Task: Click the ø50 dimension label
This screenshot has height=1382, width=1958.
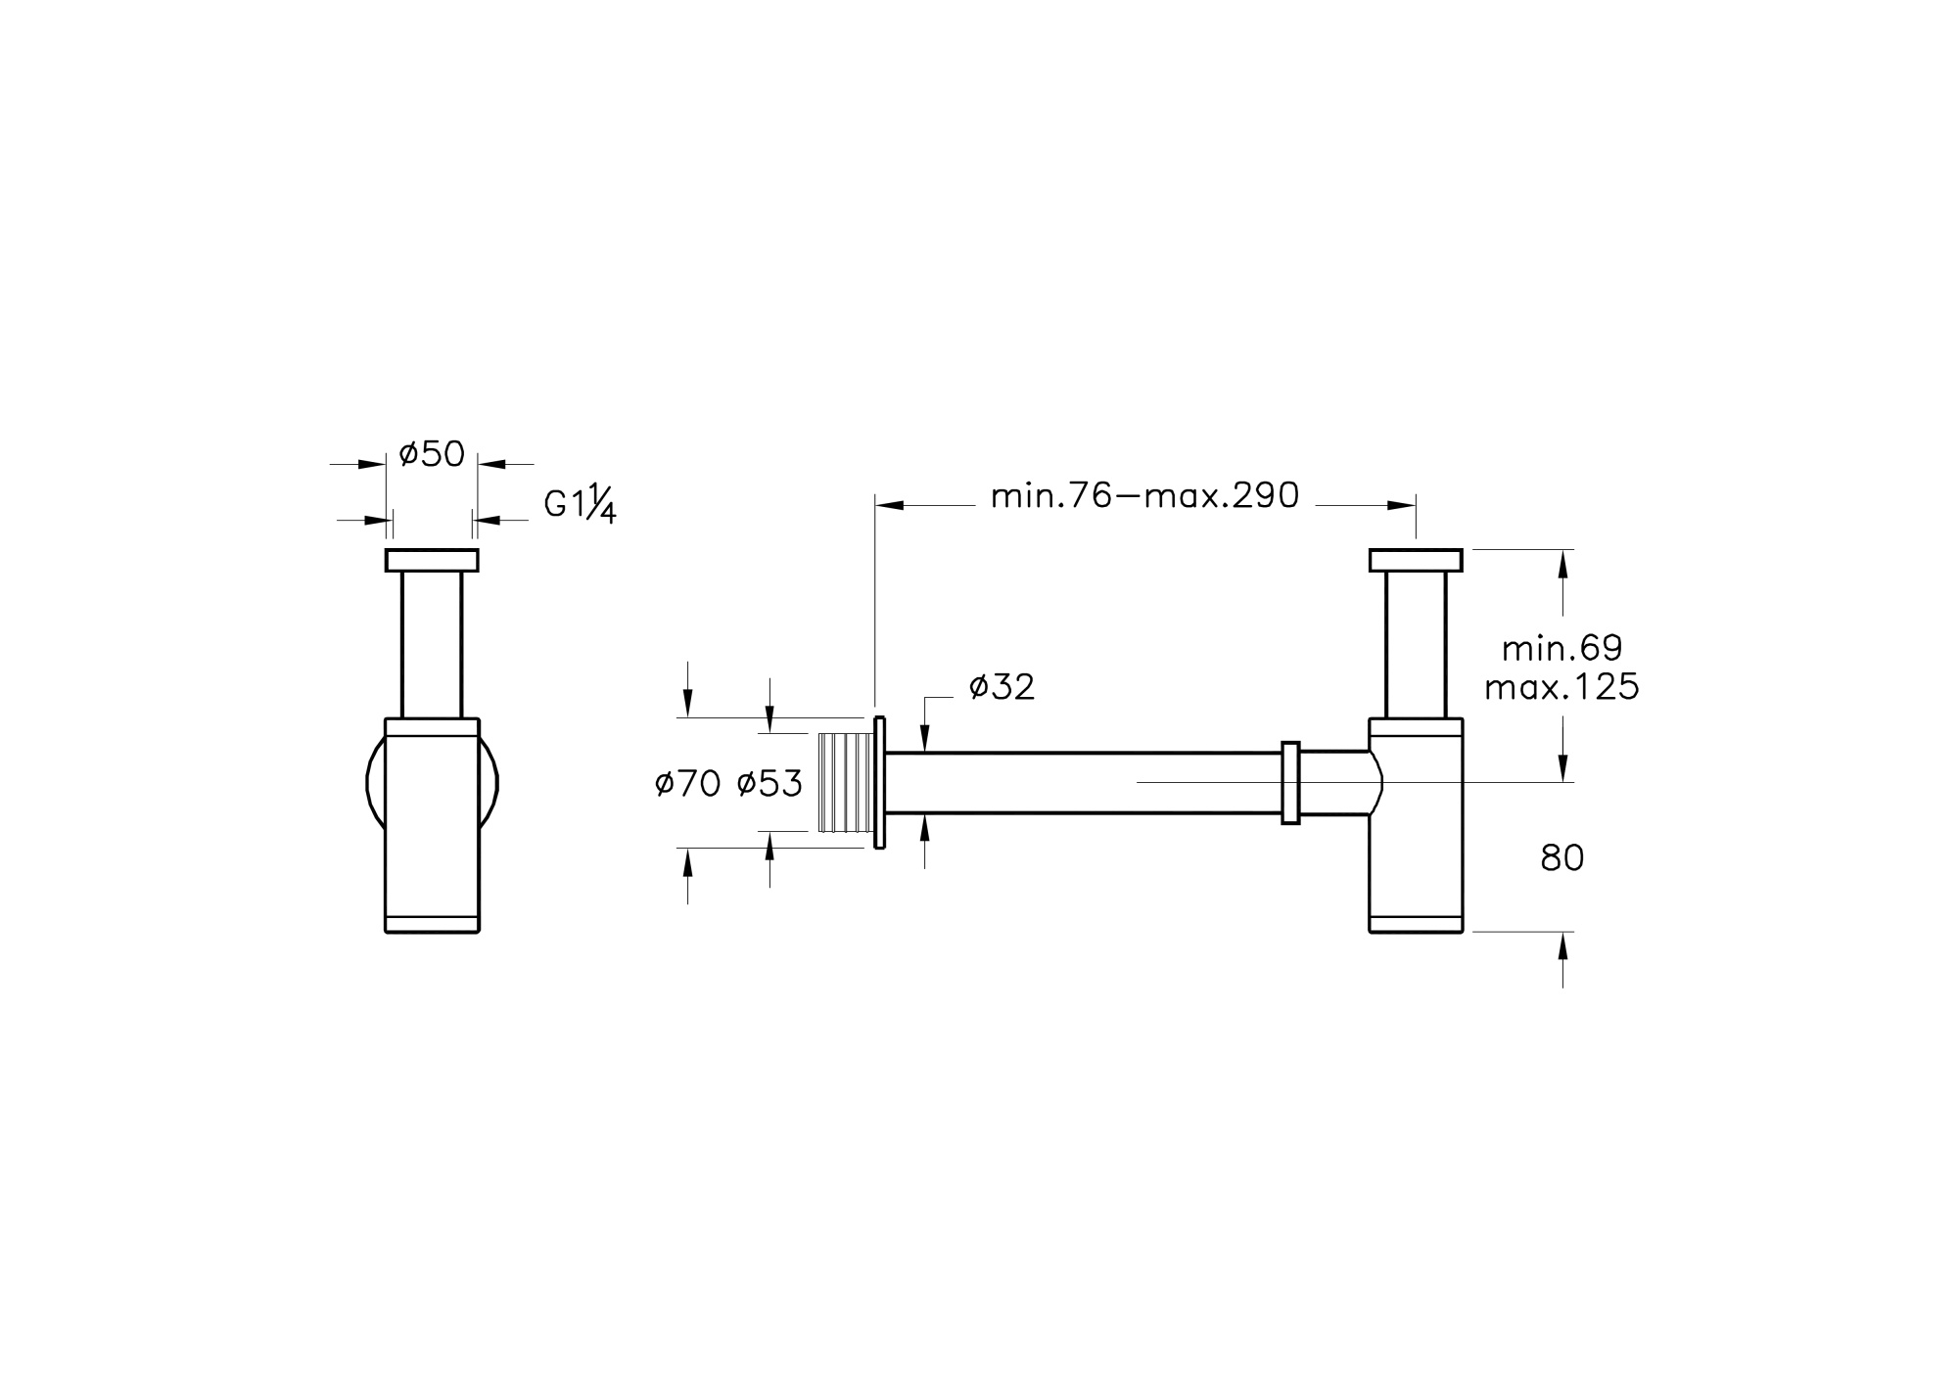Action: coord(432,455)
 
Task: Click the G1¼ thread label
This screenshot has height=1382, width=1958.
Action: coord(580,505)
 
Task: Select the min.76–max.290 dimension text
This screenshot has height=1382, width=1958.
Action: coord(1144,496)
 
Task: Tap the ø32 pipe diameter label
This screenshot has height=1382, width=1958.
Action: coord(1002,688)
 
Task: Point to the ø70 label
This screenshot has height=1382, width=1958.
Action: coord(688,783)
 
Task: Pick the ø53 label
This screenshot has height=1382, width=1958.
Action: coord(769,783)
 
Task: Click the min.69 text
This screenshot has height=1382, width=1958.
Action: coord(1562,648)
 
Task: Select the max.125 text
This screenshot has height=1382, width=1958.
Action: coord(1562,688)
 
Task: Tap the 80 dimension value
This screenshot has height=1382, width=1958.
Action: coord(1562,858)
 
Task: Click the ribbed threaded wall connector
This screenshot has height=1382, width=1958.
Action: coord(845,781)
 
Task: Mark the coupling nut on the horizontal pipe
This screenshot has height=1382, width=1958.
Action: coord(1290,782)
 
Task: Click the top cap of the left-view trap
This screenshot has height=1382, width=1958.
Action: coord(432,560)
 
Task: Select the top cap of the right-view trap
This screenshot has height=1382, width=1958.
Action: coord(1415,560)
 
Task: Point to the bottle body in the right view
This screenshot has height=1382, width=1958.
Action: coord(1416,842)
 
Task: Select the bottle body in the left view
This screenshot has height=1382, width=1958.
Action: coord(432,827)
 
